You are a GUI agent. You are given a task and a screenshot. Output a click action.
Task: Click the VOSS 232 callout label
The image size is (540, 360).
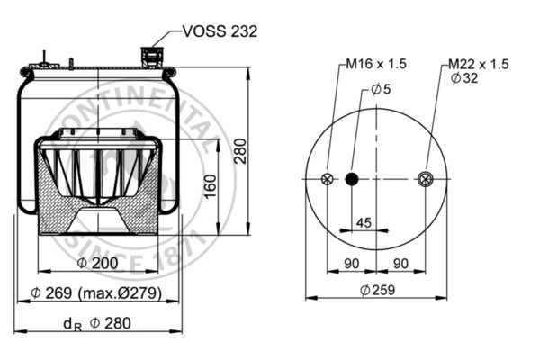[220, 31]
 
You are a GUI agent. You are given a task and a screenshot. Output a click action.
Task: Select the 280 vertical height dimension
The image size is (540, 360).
[240, 155]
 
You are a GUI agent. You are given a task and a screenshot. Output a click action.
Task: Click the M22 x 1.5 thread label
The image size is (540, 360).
[478, 65]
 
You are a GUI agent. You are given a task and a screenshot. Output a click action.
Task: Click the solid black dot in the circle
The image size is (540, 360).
[352, 179]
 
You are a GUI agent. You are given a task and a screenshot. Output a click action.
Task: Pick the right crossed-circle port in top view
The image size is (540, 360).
[426, 179]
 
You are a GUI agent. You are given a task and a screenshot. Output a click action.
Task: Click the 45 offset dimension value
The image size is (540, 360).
[364, 222]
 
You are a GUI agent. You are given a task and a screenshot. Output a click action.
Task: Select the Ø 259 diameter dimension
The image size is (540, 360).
[377, 290]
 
